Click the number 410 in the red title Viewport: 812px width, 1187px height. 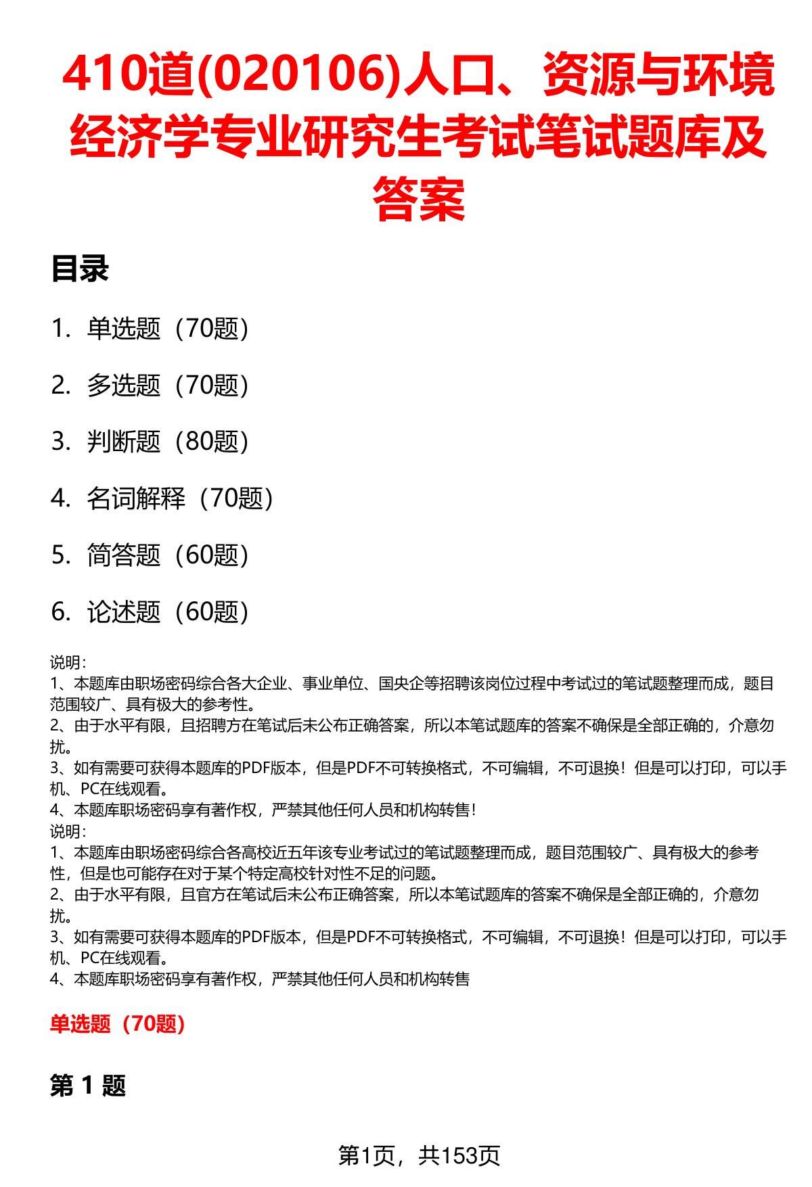(x=101, y=76)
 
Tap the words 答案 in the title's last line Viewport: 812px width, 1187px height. (x=419, y=199)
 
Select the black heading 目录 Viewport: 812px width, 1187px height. (x=80, y=269)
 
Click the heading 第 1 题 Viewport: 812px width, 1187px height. (x=88, y=1086)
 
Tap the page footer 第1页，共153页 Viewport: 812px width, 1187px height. (x=419, y=1155)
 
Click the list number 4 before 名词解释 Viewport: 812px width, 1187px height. (x=59, y=498)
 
